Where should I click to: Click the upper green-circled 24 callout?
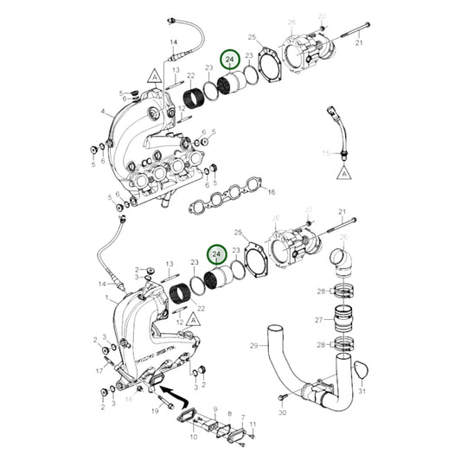click(x=231, y=60)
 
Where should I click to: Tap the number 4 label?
click(x=102, y=111)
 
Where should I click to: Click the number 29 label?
click(x=254, y=346)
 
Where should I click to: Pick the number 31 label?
click(x=362, y=392)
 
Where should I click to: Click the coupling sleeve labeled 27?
click(x=342, y=319)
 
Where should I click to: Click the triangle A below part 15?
click(x=344, y=172)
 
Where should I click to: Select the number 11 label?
click(x=253, y=424)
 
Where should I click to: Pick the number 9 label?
click(x=213, y=409)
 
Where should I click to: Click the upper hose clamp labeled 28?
click(x=342, y=291)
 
